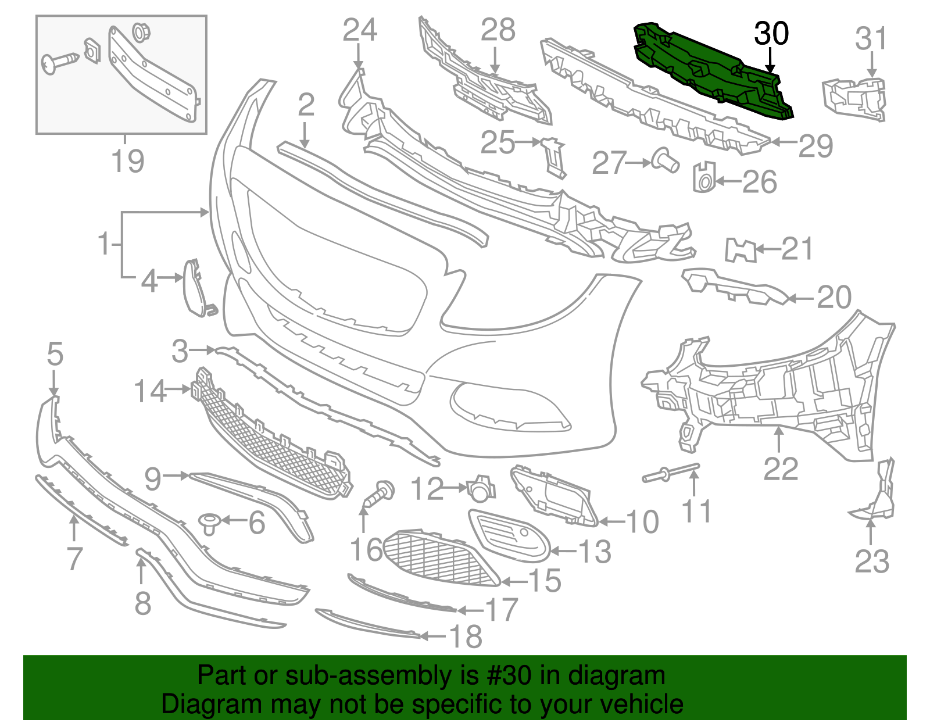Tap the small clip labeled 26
(x=704, y=177)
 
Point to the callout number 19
(x=127, y=161)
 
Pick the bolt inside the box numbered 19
(x=60, y=63)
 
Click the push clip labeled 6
(x=209, y=524)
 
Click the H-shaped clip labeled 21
(x=741, y=250)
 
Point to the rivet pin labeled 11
(x=671, y=473)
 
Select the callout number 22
(x=781, y=469)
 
